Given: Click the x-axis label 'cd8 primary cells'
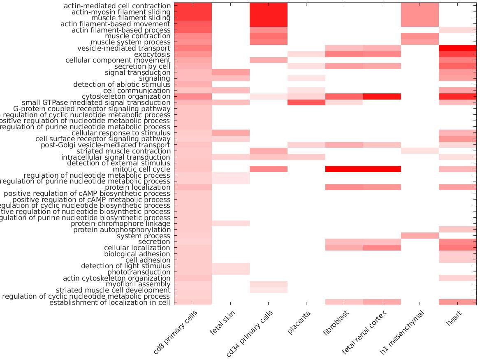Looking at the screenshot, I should pos(176,332).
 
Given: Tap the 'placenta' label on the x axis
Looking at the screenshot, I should pos(299,323).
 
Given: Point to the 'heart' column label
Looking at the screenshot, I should pos(454,318).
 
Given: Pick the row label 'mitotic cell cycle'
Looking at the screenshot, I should pos(141,169).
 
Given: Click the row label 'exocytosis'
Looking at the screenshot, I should pos(152,54).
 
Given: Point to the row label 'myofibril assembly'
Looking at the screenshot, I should pos(138,284).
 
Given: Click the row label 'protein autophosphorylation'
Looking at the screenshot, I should pos(122,230).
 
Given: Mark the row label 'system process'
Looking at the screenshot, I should pos(143,236).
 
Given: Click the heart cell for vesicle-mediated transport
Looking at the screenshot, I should pos(457,48).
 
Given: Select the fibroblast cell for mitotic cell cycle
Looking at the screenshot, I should pos(344,169).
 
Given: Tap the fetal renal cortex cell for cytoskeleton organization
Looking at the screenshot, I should pos(382,97).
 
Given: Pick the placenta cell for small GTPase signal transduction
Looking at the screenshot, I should pos(306,102).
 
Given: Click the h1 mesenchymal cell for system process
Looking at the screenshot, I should pos(420,236).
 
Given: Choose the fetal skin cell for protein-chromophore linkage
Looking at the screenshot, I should pos(230,223).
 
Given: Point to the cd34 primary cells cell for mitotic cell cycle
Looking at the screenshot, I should pos(268,169).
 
